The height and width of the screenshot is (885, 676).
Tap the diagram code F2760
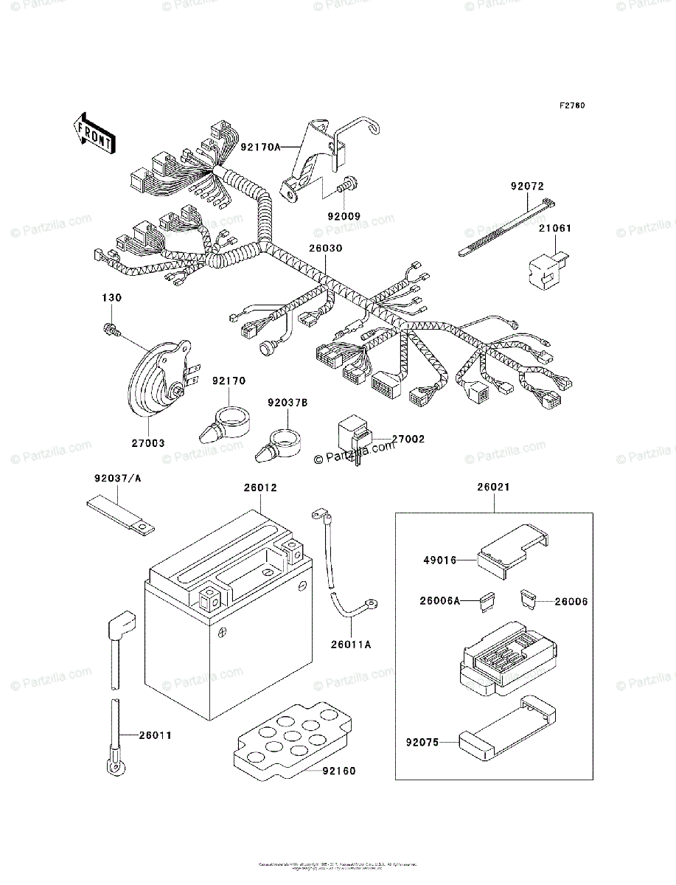[571, 106]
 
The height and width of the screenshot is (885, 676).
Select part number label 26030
[325, 249]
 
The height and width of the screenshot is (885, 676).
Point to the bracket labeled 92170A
[324, 162]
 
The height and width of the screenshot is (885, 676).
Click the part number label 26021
[493, 487]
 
